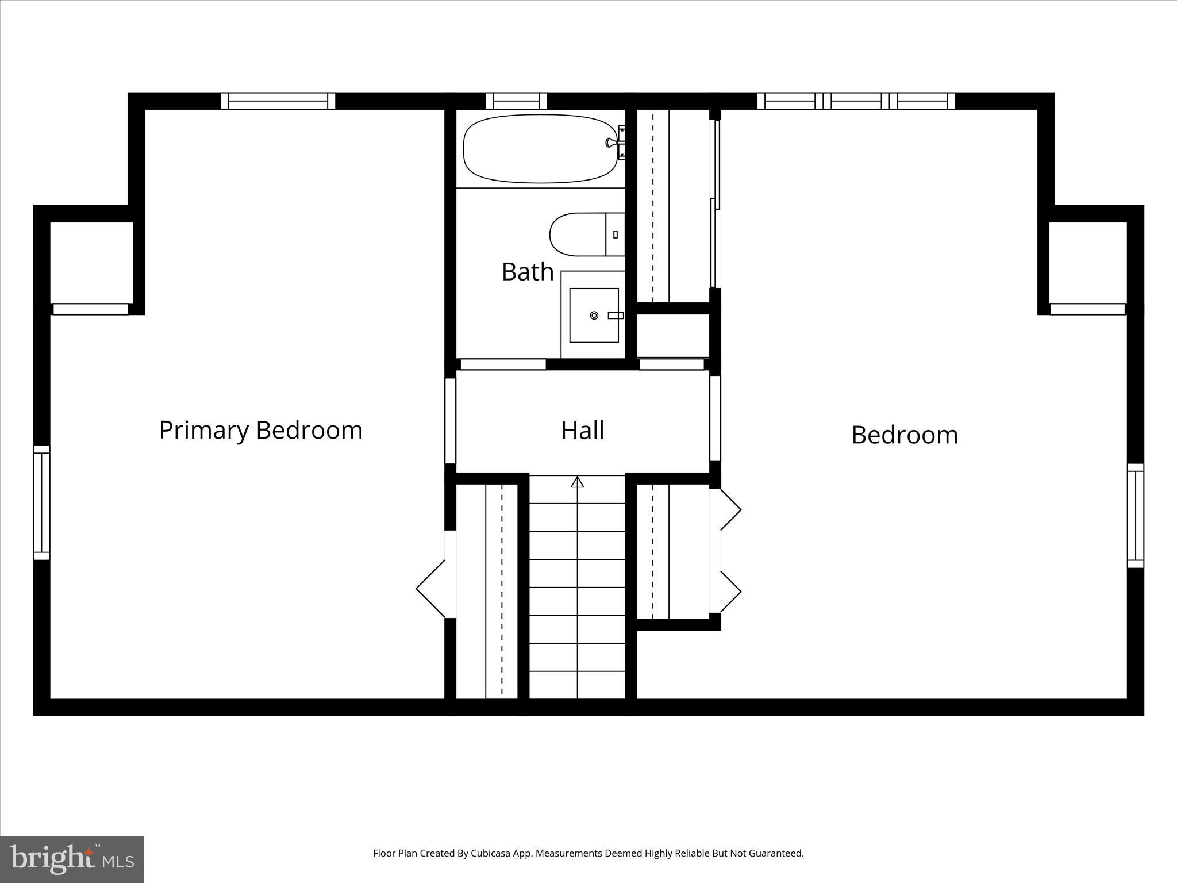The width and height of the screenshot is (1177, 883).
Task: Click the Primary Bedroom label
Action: (261, 431)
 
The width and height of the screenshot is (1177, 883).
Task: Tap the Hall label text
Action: (582, 431)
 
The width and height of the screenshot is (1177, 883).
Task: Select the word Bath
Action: (527, 272)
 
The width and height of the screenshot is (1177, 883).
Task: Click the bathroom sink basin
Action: (593, 315)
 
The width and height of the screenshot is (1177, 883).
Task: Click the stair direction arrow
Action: (577, 482)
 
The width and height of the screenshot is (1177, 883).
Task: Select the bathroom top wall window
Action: (516, 101)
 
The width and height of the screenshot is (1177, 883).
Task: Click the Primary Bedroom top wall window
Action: (278, 101)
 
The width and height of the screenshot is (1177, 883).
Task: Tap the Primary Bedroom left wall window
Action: (41, 502)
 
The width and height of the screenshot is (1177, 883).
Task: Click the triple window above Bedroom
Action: (856, 101)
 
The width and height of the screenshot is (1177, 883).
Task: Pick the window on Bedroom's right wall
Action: (1135, 516)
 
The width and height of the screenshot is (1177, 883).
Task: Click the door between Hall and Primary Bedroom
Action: (451, 420)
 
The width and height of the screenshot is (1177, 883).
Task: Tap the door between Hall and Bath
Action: (503, 364)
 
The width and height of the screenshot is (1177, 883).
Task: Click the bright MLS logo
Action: (72, 859)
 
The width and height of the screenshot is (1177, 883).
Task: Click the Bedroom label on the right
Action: (904, 435)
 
